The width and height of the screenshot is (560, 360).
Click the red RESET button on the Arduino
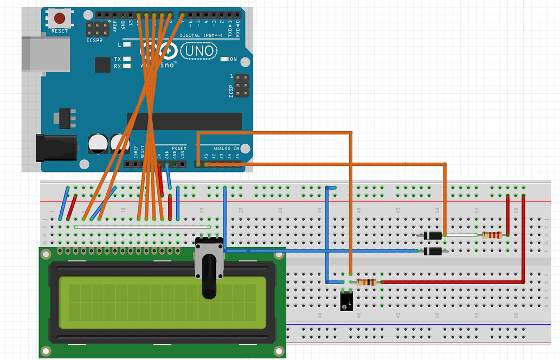tap(59, 18)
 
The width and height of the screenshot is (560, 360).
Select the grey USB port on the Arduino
tap(46, 54)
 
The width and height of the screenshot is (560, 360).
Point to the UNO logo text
tap(198, 52)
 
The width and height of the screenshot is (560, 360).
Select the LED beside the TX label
tap(127, 59)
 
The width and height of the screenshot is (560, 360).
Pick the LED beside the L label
tap(127, 44)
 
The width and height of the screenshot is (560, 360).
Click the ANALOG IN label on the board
tap(226, 148)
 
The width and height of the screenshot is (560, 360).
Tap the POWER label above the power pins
tap(179, 148)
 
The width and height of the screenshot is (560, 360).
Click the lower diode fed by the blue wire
tap(432, 251)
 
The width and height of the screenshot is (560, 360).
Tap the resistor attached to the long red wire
tap(366, 282)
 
